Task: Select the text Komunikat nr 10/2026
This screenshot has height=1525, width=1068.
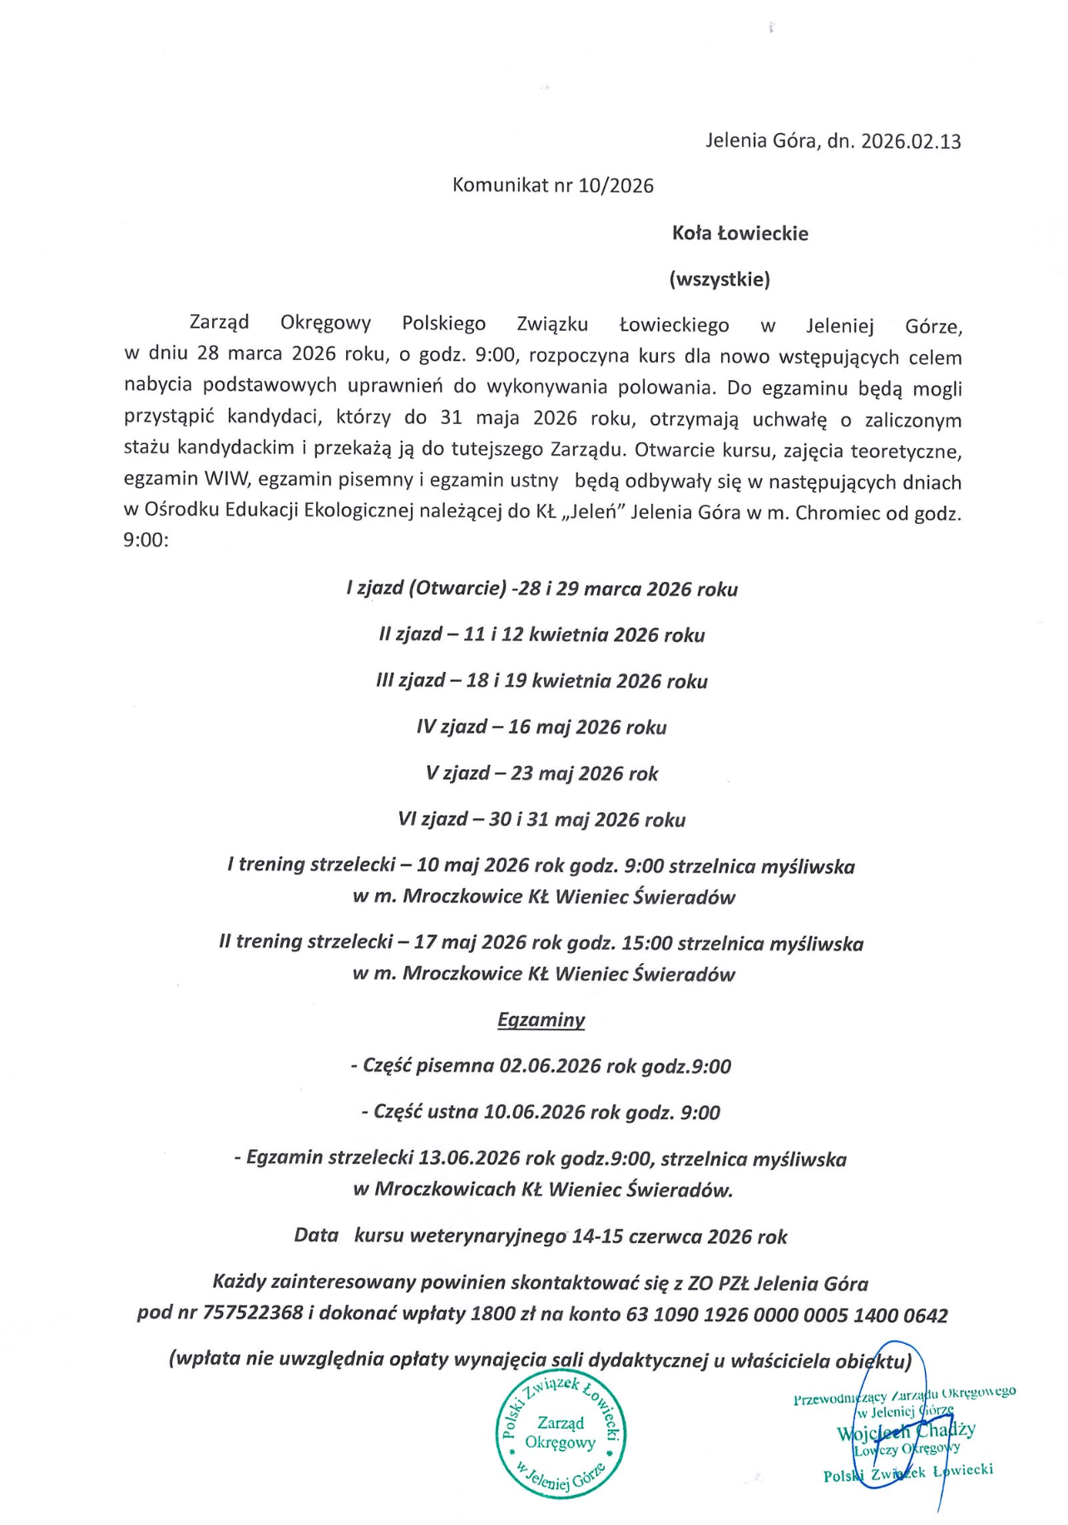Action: (552, 185)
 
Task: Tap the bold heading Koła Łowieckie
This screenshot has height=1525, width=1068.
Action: (739, 234)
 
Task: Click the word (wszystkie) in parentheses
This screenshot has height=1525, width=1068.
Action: (719, 279)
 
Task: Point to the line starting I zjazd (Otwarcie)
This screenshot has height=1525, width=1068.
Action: (541, 590)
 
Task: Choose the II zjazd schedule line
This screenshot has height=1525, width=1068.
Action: (541, 635)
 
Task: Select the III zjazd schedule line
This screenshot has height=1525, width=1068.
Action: (541, 682)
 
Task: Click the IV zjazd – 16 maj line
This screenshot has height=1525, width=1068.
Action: (541, 728)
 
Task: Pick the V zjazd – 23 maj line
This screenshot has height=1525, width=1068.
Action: (541, 774)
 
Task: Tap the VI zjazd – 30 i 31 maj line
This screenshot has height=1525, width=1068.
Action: (541, 820)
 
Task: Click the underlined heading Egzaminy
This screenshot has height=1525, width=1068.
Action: (541, 1020)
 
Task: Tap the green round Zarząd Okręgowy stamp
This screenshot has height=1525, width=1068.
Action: (561, 1432)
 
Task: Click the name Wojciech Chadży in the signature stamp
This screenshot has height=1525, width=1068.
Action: (906, 1431)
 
